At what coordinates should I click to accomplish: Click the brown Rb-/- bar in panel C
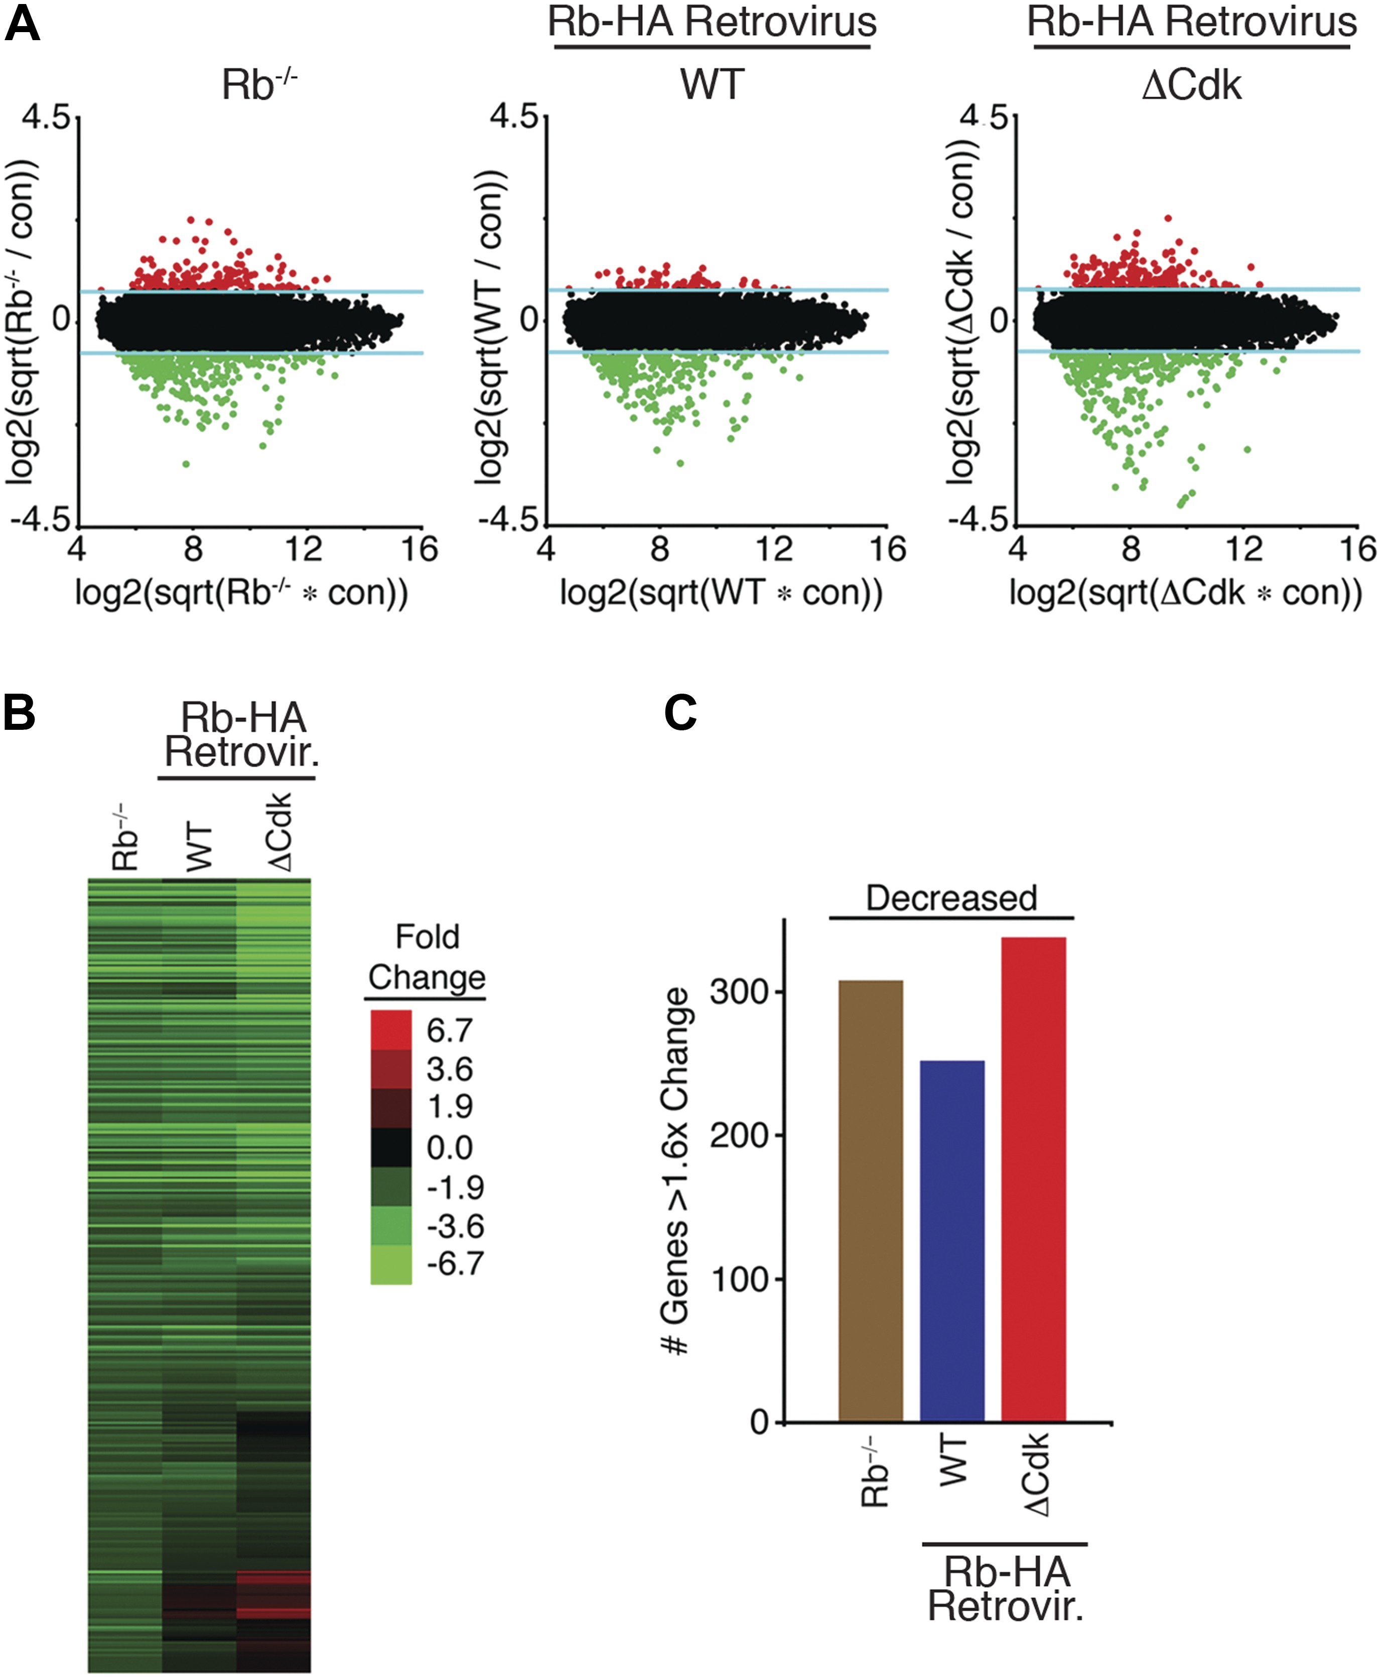pos(871,1201)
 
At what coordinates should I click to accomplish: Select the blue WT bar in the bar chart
pos(951,1240)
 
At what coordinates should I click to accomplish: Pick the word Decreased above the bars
pos(951,898)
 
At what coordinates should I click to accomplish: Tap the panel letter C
pos(680,712)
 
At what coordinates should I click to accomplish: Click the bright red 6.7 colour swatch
pos(390,1029)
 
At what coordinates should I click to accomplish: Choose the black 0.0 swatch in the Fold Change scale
pos(390,1147)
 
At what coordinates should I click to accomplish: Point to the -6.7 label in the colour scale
pos(455,1263)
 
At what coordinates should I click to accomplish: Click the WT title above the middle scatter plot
pos(712,83)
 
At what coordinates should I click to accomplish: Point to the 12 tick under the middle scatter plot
pos(773,549)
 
